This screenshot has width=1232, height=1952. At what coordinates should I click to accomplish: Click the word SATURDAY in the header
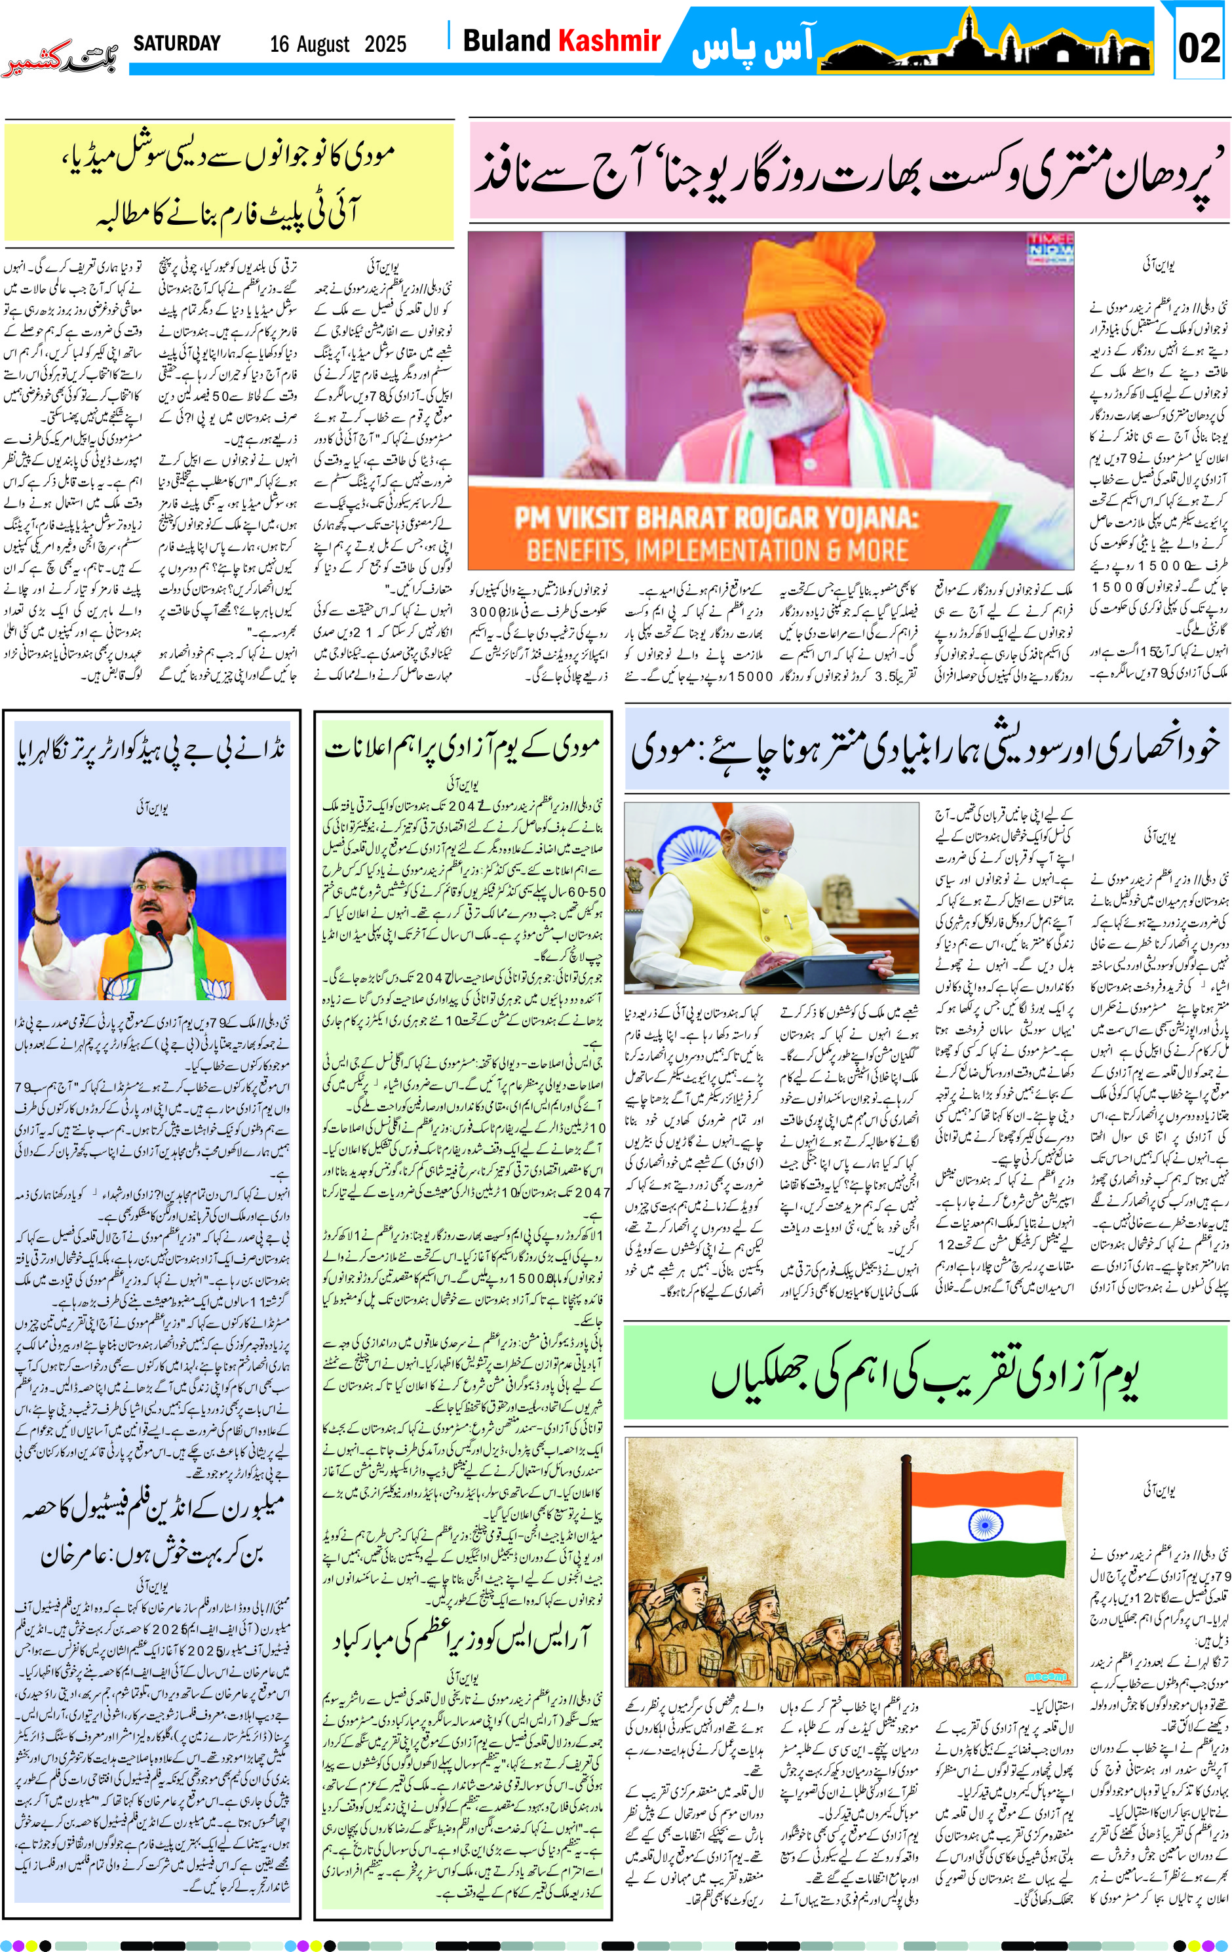[x=177, y=43]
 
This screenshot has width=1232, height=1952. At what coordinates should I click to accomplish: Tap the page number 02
[x=1199, y=48]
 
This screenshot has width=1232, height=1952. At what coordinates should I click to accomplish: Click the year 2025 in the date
[x=385, y=44]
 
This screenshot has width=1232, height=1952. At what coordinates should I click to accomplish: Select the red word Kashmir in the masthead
[x=609, y=41]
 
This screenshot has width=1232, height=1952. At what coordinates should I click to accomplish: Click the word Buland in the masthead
[x=506, y=41]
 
